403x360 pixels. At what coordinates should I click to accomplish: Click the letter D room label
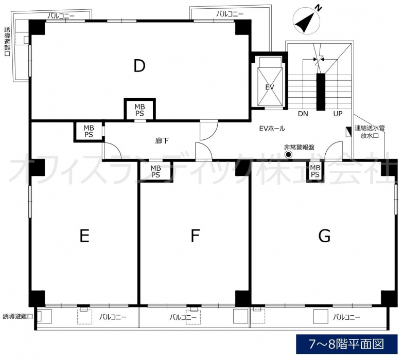[139, 66]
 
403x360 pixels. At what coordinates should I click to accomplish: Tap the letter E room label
[84, 236]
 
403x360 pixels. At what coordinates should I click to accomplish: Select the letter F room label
[196, 236]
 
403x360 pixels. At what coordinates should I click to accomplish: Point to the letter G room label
[324, 236]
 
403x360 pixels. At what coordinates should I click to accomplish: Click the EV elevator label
[270, 87]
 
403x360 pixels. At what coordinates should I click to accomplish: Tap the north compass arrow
[306, 21]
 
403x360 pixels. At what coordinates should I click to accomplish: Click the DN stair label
[303, 114]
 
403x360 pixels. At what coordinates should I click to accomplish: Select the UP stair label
[338, 114]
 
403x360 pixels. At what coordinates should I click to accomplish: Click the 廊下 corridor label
[162, 140]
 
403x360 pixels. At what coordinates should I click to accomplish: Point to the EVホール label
[272, 129]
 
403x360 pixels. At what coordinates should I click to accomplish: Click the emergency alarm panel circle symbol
[289, 155]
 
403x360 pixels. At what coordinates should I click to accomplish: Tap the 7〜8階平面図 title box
[346, 344]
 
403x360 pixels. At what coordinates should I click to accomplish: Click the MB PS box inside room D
[140, 110]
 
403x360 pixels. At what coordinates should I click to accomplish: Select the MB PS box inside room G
[315, 171]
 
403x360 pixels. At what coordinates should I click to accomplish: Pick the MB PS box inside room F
[155, 171]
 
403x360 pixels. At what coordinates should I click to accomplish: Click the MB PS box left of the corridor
[89, 131]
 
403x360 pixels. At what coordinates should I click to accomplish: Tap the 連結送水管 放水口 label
[370, 132]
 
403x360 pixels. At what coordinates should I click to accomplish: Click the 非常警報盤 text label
[299, 147]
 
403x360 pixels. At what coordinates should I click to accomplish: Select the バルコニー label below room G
[346, 317]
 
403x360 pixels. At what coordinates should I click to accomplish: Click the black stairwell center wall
[321, 92]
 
